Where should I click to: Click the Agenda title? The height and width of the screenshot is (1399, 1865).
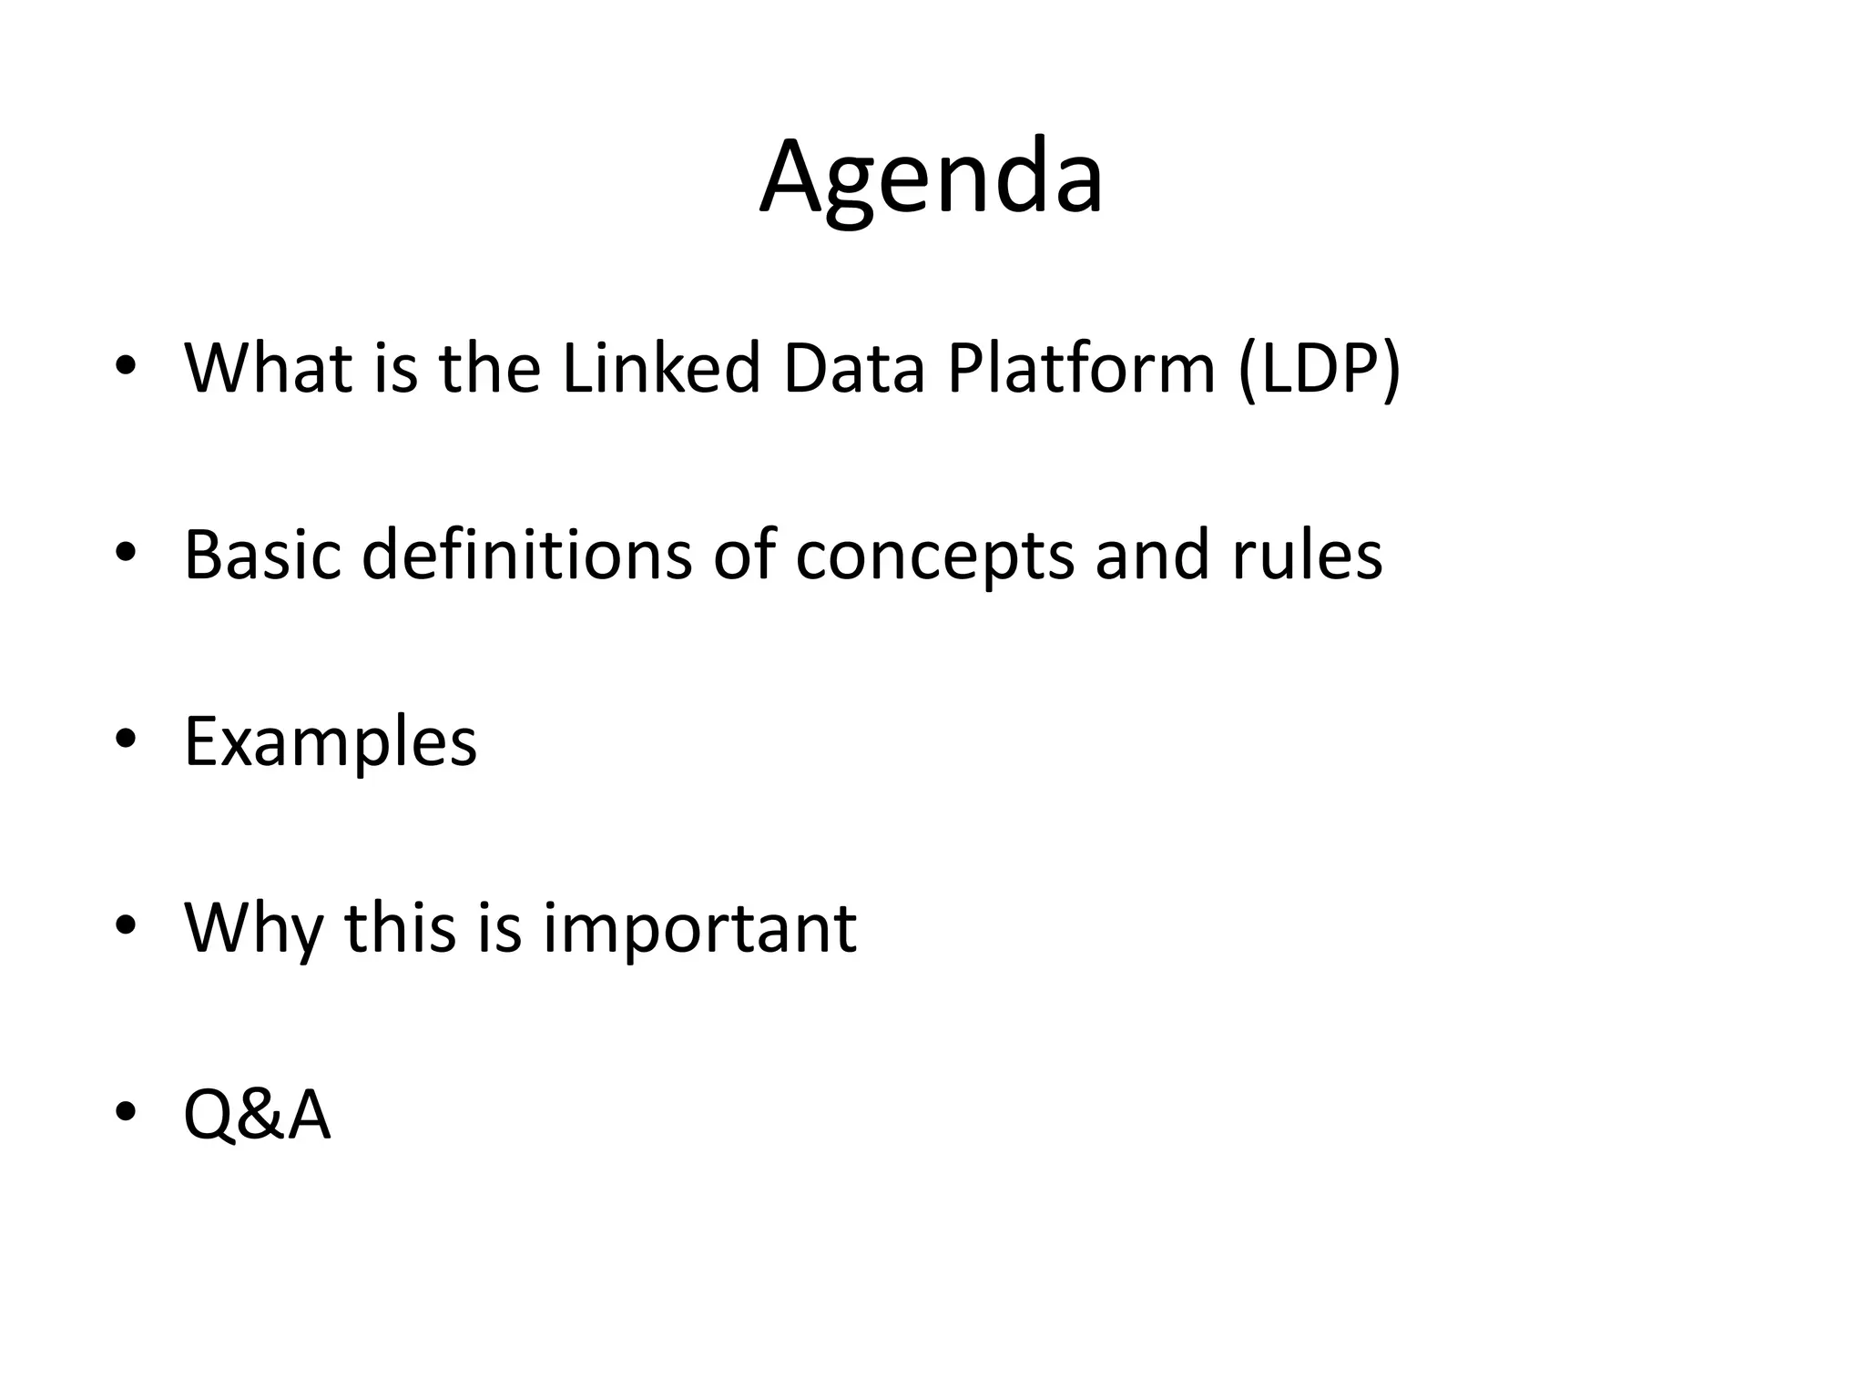(932, 178)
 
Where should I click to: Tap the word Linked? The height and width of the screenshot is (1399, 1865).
(661, 368)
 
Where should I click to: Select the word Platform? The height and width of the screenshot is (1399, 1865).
(1081, 368)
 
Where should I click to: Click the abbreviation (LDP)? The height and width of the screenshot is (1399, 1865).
(1320, 370)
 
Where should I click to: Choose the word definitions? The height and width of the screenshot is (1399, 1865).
(526, 555)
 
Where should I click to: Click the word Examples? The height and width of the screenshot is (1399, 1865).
(330, 742)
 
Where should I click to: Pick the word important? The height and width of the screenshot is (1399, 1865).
(699, 930)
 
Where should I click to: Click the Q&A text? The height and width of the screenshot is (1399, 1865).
(257, 1116)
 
